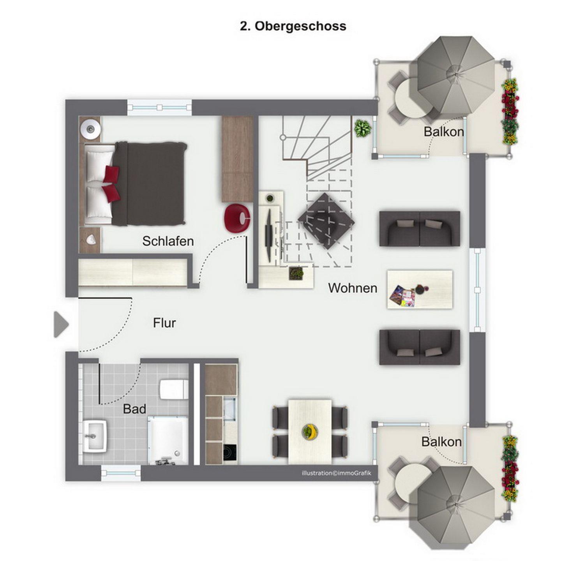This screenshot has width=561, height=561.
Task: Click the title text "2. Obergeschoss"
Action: click(x=293, y=26)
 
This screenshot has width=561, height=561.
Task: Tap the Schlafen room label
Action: click(x=168, y=241)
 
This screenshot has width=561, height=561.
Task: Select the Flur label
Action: click(x=164, y=323)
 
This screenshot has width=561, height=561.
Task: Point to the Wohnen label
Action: click(x=353, y=288)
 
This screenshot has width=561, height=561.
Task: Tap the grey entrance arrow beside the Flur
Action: click(x=61, y=325)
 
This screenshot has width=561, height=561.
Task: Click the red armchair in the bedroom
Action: click(x=237, y=218)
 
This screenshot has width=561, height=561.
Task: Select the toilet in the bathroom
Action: click(x=174, y=389)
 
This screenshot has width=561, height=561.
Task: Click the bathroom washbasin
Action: click(x=94, y=437)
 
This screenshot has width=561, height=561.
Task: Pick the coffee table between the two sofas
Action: click(x=420, y=289)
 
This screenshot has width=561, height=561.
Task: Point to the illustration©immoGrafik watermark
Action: click(x=336, y=473)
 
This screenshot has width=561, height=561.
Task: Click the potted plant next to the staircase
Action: click(x=362, y=128)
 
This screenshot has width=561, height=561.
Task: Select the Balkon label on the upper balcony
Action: click(x=443, y=132)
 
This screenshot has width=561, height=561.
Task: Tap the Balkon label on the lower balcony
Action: click(x=441, y=442)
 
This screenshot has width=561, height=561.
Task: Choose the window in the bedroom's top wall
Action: click(x=160, y=108)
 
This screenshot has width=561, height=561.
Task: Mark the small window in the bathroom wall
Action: click(x=121, y=473)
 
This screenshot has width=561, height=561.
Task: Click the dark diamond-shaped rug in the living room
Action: click(x=326, y=221)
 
